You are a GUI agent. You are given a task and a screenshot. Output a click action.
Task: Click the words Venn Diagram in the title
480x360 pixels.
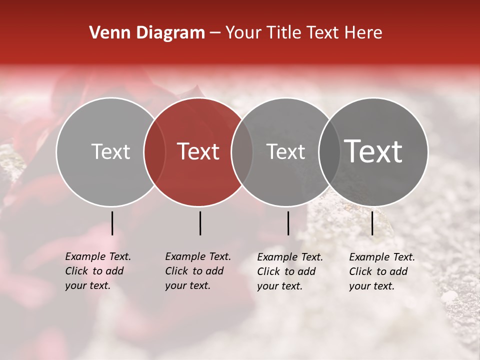pos(147,33)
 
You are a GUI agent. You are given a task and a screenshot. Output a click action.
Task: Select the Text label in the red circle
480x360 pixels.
pos(198,151)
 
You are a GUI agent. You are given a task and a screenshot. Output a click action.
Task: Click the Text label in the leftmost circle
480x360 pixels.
pos(110,151)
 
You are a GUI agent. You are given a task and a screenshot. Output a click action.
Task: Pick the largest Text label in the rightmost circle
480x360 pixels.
pos(373,151)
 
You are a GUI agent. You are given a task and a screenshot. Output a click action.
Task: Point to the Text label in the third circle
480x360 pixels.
pos(286,151)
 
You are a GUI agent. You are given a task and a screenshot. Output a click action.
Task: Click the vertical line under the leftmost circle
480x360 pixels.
pos(112,223)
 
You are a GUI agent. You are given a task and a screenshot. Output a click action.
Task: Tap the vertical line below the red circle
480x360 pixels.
pos(200,223)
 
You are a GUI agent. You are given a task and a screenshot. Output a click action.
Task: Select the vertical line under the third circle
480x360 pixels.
pos(288,223)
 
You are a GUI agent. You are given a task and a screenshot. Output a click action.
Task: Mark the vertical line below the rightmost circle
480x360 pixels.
pos(372,223)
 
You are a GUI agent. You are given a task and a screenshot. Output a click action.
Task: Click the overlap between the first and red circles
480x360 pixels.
pos(154,152)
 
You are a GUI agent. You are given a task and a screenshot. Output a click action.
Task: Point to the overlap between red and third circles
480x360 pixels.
pos(242,152)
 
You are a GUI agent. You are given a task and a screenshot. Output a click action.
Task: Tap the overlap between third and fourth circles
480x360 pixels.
pos(328,152)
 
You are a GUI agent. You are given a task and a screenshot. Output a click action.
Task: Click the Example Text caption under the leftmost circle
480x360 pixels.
pos(98,271)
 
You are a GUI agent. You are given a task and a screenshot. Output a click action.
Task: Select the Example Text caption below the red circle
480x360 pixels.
pos(198,271)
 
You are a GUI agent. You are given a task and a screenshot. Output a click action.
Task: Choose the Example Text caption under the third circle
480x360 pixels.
pos(290,271)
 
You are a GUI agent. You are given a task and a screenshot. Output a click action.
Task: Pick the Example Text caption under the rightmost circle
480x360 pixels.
pos(382,271)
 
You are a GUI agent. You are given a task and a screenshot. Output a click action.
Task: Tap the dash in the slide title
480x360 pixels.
pos(215,33)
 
